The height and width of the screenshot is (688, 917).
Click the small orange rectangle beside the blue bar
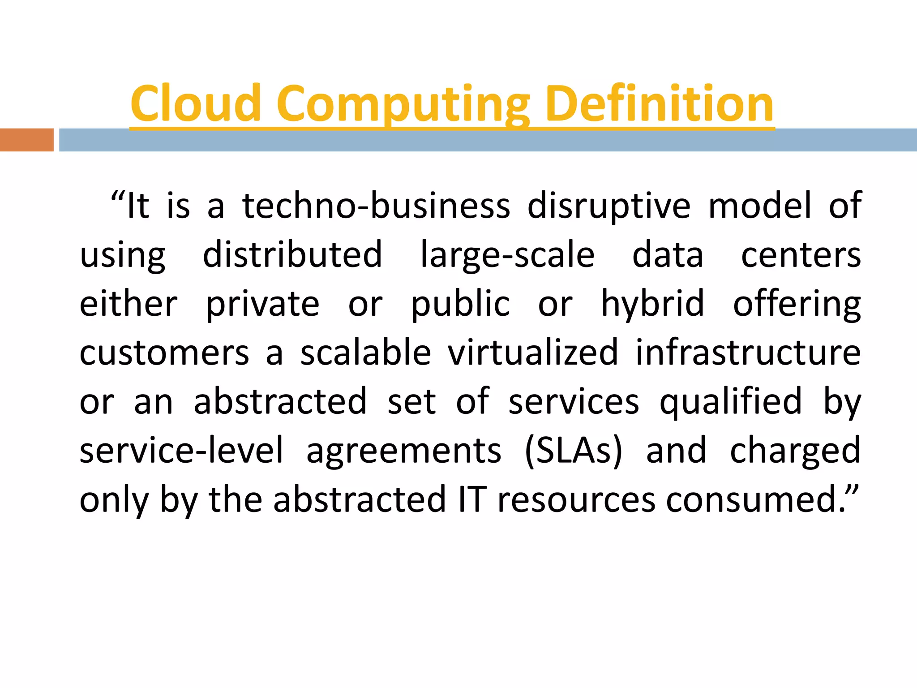coord(26,140)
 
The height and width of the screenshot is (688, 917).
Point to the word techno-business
coord(376,206)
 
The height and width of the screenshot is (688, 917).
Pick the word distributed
coord(293,254)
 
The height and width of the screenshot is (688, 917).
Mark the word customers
coord(164,353)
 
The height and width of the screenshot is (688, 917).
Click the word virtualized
coord(533,353)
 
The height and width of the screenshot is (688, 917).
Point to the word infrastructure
coord(748,353)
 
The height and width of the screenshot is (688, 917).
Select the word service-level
coord(182,450)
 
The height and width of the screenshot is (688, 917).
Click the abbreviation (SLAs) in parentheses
coord(574,451)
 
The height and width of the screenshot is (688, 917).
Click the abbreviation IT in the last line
coord(472,499)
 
